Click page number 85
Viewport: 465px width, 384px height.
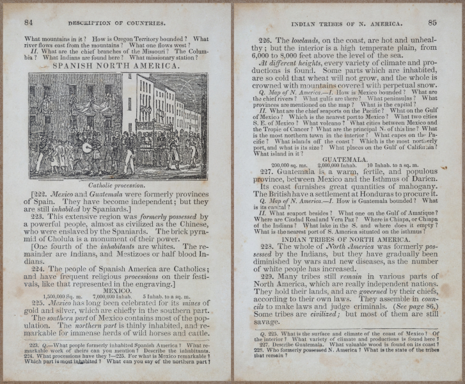432,22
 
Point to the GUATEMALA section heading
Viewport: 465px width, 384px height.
345,159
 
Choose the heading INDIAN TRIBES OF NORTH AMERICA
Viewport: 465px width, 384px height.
345,239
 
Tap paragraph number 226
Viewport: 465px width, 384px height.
265,38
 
